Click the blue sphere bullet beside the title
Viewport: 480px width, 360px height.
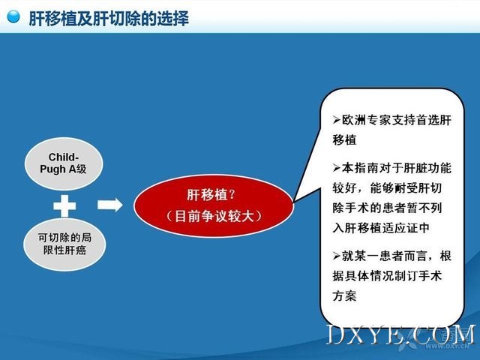(x=13, y=16)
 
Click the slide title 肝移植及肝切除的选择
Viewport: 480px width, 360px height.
(x=109, y=18)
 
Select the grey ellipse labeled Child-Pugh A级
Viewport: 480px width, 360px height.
(x=64, y=163)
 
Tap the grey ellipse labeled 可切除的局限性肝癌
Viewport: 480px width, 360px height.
(x=64, y=244)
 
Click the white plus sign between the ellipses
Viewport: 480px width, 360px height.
(x=64, y=205)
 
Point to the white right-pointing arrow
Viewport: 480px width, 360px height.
(x=110, y=205)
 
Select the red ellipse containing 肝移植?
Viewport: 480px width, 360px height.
(x=214, y=205)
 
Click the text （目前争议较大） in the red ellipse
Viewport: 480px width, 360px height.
(x=214, y=217)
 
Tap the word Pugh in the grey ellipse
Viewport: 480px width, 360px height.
(x=52, y=169)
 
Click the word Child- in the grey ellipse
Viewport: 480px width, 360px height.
(x=63, y=157)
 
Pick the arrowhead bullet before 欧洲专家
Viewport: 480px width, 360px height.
(x=337, y=120)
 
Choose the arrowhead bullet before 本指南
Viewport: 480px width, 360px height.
(x=337, y=168)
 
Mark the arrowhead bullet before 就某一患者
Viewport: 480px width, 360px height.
(x=337, y=256)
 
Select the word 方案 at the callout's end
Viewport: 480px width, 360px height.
(x=344, y=295)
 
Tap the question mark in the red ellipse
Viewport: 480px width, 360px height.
(x=232, y=194)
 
